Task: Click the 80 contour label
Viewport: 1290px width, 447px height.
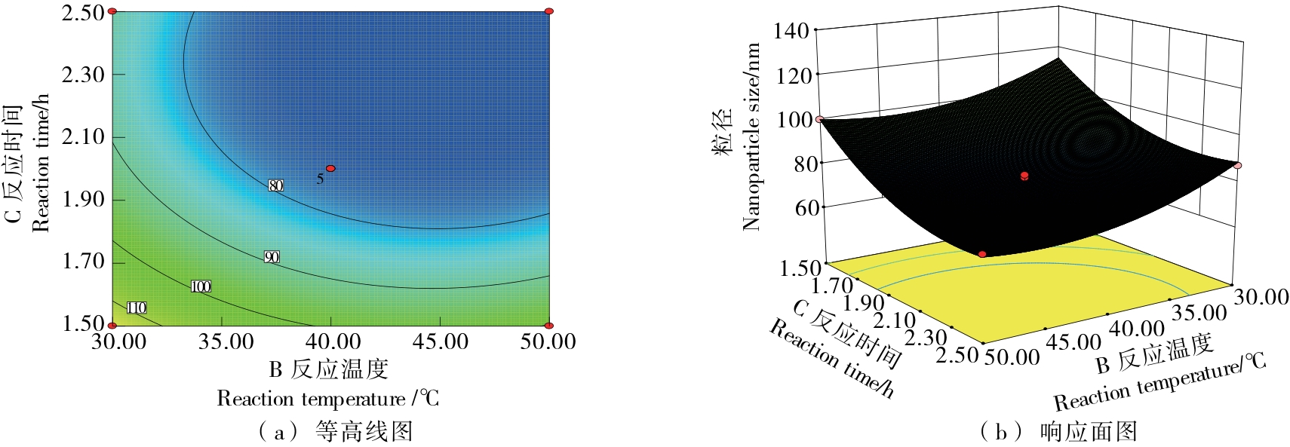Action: (x=275, y=185)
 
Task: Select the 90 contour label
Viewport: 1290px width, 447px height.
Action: (x=272, y=257)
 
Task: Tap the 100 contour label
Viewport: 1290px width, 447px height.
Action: (x=201, y=286)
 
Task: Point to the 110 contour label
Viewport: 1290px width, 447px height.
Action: (x=137, y=308)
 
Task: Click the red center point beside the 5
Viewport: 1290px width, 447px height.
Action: (x=330, y=168)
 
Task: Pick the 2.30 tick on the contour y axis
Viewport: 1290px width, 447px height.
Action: (x=83, y=75)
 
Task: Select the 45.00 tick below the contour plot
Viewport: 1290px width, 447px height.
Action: (x=441, y=341)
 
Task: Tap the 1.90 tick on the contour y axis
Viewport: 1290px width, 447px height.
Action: (x=83, y=199)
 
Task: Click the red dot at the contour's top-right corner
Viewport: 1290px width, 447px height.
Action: (x=548, y=11)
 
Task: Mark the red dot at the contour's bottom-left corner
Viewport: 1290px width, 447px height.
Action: (x=112, y=326)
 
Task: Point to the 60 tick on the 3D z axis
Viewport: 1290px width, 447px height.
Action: (x=806, y=207)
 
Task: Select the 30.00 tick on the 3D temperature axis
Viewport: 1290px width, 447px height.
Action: (x=1261, y=297)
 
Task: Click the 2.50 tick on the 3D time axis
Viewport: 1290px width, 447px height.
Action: (x=957, y=354)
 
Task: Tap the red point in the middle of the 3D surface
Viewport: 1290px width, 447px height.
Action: (x=1024, y=176)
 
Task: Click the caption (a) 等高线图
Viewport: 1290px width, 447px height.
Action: (x=335, y=431)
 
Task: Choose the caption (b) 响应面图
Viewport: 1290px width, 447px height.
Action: (x=1058, y=431)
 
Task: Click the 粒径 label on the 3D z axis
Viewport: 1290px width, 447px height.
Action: (x=723, y=132)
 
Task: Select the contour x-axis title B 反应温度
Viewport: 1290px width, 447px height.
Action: (x=328, y=369)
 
